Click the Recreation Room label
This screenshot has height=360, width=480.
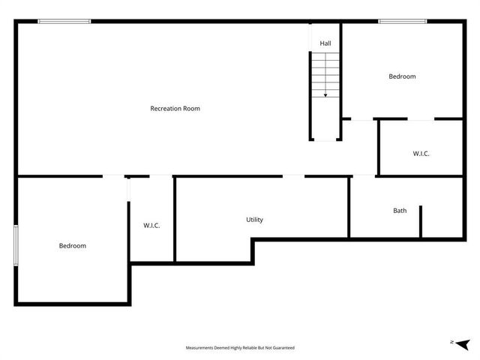click(x=175, y=109)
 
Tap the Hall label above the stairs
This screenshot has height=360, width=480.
click(x=325, y=43)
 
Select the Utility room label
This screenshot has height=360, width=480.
click(x=254, y=220)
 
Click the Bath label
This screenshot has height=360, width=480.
click(x=400, y=211)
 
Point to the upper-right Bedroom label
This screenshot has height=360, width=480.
click(x=402, y=76)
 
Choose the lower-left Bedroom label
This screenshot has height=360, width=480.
click(x=73, y=246)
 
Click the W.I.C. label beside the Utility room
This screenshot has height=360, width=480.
click(x=151, y=226)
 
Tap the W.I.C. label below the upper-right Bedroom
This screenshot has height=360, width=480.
click(x=421, y=154)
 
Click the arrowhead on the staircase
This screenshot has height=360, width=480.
click(x=325, y=95)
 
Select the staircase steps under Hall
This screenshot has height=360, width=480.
click(x=325, y=75)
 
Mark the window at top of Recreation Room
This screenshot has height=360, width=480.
click(x=64, y=21)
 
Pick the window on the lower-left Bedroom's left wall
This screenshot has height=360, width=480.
click(x=16, y=244)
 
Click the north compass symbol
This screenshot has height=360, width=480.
click(x=461, y=343)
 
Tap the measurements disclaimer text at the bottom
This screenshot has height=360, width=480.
click(x=240, y=348)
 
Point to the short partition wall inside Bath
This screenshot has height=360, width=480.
click(x=421, y=220)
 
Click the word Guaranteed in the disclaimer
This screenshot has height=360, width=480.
click(x=283, y=348)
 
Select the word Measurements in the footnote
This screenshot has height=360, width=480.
click(x=200, y=348)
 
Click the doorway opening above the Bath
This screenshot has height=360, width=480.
click(x=364, y=176)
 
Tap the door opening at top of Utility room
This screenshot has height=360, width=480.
click(x=293, y=176)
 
